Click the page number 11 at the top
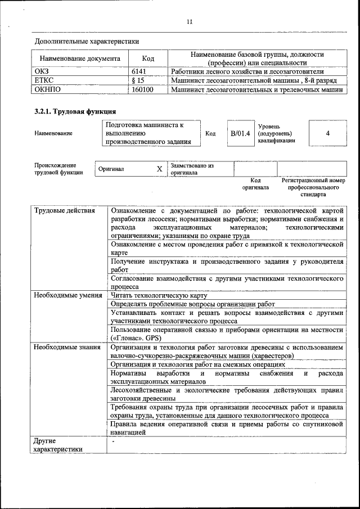[x=190, y=22]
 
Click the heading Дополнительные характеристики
[x=87, y=41]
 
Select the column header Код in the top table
[x=148, y=58]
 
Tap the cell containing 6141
[x=138, y=72]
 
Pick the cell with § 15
[x=138, y=80]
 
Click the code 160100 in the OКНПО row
[x=142, y=89]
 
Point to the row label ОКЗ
[x=43, y=72]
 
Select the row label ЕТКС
[x=44, y=80]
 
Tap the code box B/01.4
[x=240, y=133]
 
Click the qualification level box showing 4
[x=327, y=133]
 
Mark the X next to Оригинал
[x=159, y=169]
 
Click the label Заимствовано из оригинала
[x=192, y=169]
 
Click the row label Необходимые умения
[x=67, y=295]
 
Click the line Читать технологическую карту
[x=159, y=295]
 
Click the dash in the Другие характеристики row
[x=112, y=442]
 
